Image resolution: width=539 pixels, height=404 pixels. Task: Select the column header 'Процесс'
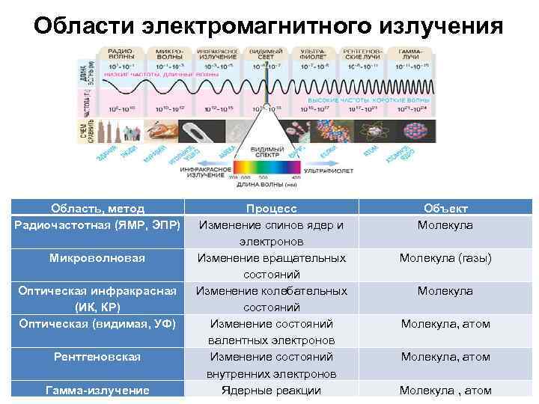(271, 209)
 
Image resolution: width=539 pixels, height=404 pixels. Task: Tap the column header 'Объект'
(445, 209)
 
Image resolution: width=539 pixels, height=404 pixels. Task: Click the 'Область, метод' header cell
(98, 209)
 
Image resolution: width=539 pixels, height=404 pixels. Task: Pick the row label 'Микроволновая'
(98, 258)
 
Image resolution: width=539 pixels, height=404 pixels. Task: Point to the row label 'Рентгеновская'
(98, 357)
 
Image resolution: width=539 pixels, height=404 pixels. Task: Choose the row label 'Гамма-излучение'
(98, 390)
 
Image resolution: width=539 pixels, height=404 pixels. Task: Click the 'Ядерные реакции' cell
(271, 390)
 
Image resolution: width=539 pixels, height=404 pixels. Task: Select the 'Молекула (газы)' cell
(445, 258)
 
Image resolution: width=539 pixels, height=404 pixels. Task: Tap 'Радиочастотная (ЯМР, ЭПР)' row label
(98, 225)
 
